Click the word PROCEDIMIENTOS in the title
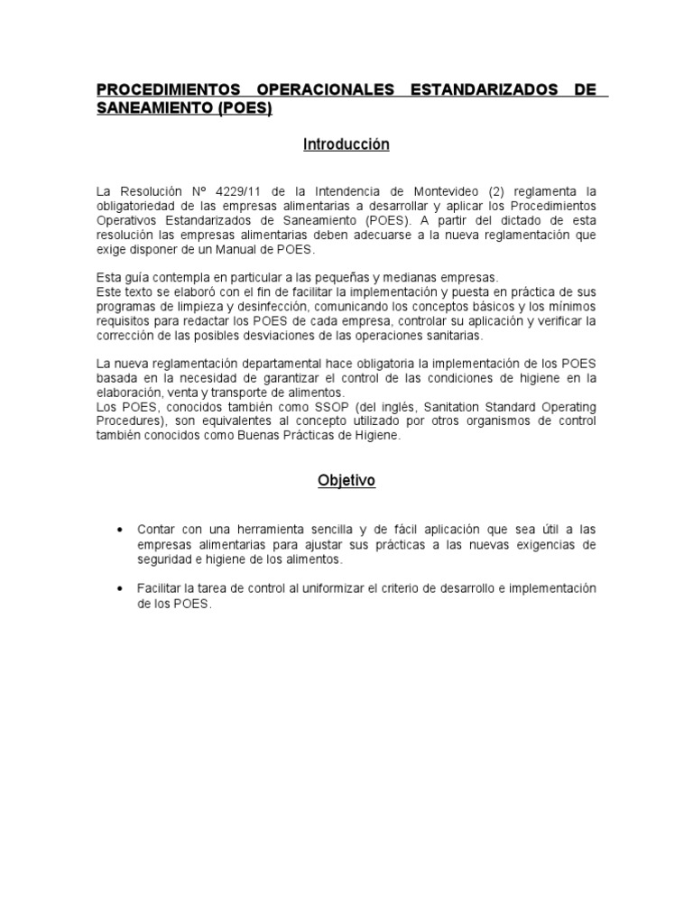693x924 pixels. click(x=169, y=91)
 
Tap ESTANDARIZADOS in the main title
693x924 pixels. click(x=485, y=91)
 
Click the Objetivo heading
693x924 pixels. click(x=346, y=481)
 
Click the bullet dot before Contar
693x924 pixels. click(x=121, y=529)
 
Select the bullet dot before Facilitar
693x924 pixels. click(x=121, y=588)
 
